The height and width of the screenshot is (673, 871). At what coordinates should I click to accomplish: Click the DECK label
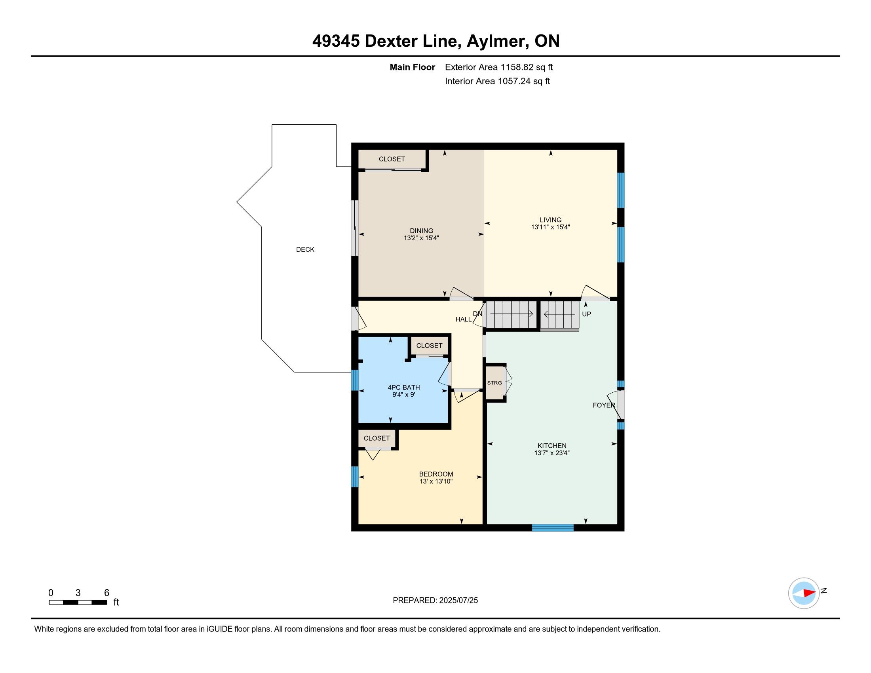pos(305,249)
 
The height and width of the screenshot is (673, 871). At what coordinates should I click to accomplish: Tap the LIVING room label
pos(550,220)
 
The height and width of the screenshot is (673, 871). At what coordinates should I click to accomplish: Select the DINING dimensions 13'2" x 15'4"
pos(421,238)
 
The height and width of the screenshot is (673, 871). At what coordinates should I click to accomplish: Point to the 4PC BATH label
pos(403,387)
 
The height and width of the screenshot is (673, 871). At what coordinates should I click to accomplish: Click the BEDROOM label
pos(436,474)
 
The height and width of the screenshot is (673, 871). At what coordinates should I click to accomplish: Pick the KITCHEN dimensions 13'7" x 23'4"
pos(552,453)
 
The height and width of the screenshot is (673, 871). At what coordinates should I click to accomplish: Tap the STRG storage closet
pos(494,383)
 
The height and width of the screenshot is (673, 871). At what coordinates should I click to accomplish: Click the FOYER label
pos(604,405)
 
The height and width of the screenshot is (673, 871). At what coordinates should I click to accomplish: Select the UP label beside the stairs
pos(586,314)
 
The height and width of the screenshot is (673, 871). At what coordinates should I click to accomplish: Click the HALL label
pos(464,319)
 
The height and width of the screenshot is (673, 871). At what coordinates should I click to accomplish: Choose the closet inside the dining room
pos(392,159)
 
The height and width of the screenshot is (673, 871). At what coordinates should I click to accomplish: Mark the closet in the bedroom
pos(377,438)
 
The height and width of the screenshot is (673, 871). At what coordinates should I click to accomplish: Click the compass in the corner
pos(804,593)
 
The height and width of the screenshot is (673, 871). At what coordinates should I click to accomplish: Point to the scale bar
pos(78,603)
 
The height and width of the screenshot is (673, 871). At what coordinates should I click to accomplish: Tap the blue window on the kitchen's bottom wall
pos(553,528)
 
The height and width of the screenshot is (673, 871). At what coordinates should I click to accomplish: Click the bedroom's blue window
pos(355,477)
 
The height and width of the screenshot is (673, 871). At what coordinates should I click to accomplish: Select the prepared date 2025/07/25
pos(458,601)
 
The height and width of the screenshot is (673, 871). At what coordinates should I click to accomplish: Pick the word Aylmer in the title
pos(498,41)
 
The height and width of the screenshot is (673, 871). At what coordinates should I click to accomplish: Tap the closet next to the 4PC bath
pos(429,346)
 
